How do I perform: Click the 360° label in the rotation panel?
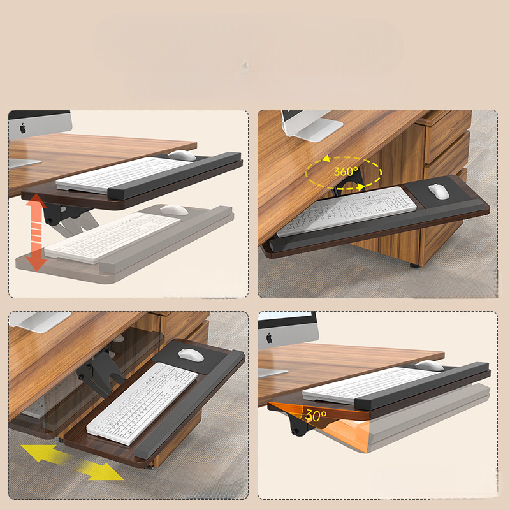[346, 171]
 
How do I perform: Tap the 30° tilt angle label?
[316, 416]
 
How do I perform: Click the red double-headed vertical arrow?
[36, 232]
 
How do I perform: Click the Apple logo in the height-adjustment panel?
[23, 128]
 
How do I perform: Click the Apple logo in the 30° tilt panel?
[269, 338]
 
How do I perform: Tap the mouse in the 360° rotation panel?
[439, 191]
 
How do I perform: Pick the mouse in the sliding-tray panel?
[191, 355]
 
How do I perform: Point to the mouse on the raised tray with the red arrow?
[182, 155]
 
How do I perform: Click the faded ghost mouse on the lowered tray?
[174, 210]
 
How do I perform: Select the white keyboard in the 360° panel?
[346, 211]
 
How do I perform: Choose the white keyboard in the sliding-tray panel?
[142, 404]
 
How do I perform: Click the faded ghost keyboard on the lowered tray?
[113, 238]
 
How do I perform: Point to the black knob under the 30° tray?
[295, 432]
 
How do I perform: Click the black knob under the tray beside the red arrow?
[49, 221]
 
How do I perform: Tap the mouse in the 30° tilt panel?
[429, 365]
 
